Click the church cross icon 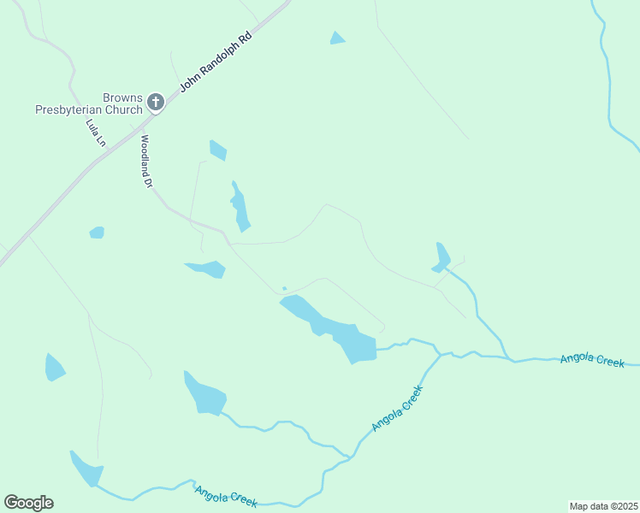[x=155, y=103]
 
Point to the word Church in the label [x=124, y=109]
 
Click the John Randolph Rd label [x=216, y=62]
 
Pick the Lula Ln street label [x=95, y=132]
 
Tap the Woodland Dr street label [x=146, y=161]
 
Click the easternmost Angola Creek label [x=593, y=358]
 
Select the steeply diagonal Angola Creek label [x=398, y=408]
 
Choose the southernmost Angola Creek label [x=226, y=497]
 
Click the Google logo [x=28, y=503]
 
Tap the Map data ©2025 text [x=602, y=505]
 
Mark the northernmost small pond [x=337, y=38]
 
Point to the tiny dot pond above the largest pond [x=284, y=288]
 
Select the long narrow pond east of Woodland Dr [x=240, y=208]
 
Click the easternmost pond [x=441, y=258]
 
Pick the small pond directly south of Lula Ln [x=97, y=233]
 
